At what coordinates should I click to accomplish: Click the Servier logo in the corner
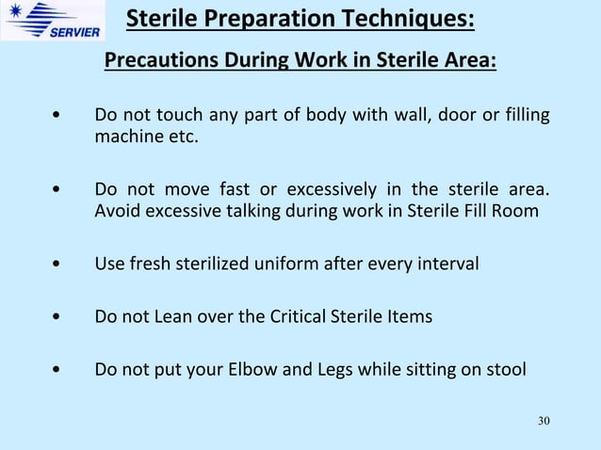[x=49, y=21]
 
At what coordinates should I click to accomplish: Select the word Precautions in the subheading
[x=159, y=63]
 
